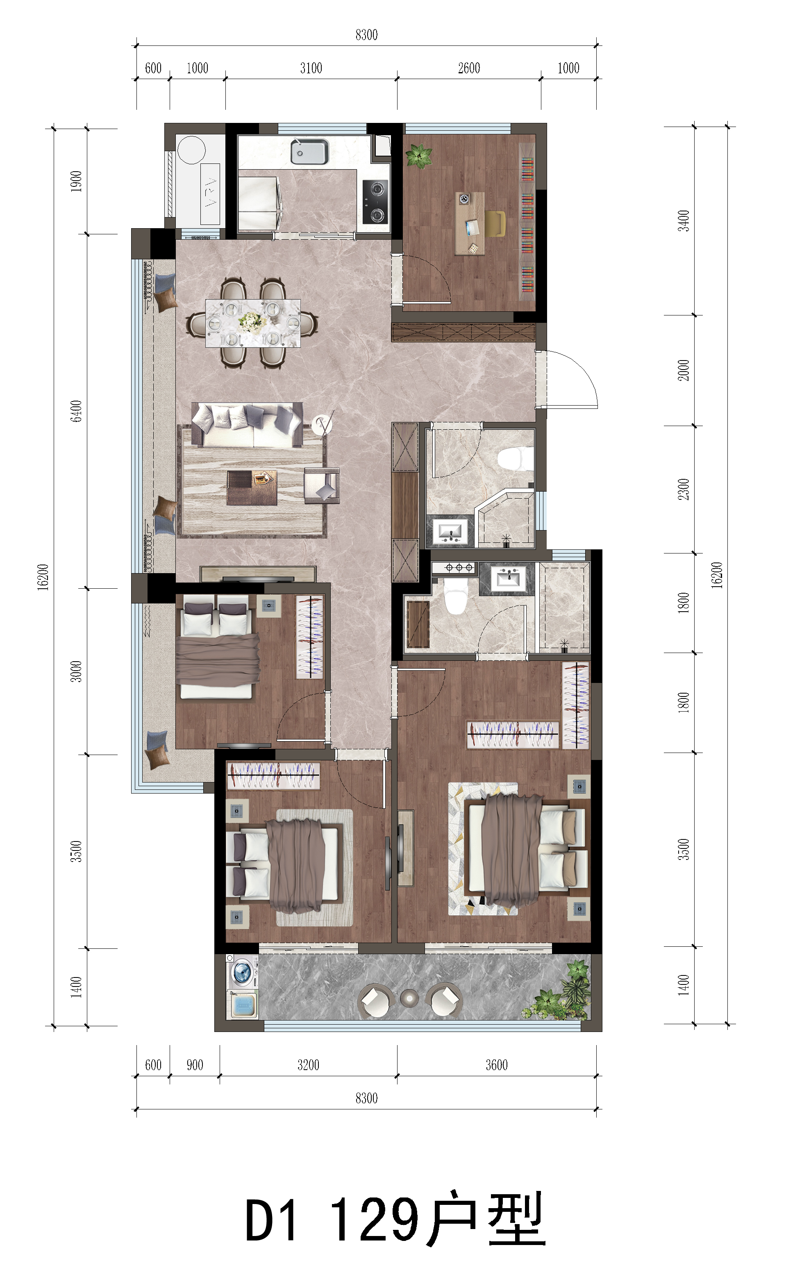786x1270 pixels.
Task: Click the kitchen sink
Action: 309,151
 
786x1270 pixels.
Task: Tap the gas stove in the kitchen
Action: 375,201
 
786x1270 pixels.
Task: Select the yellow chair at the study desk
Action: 495,223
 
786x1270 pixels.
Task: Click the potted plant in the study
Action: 419,155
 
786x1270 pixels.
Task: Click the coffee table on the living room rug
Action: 252,488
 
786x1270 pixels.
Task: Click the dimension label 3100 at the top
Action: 311,68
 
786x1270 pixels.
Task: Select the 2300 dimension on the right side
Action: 684,489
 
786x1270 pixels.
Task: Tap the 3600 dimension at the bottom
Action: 496,1065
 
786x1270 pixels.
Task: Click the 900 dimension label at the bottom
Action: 195,1065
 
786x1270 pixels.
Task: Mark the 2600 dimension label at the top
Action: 469,68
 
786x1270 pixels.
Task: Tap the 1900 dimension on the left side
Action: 76,181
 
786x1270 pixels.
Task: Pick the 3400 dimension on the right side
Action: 684,220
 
